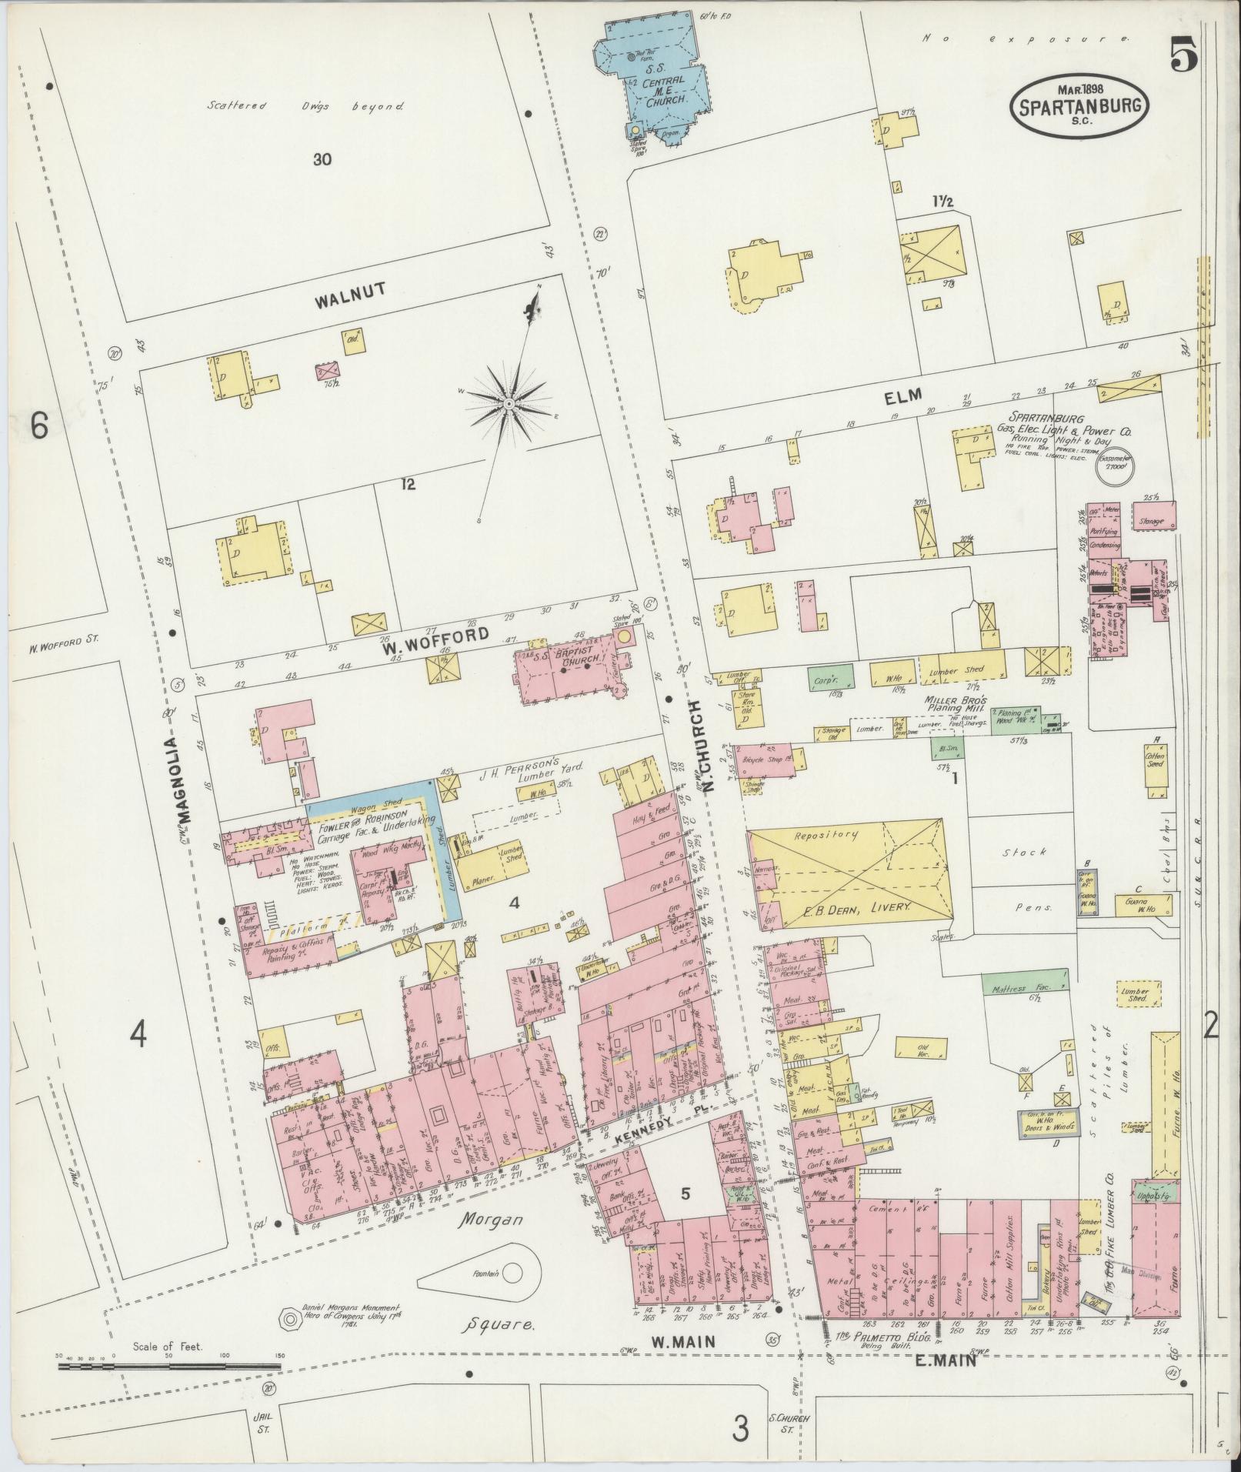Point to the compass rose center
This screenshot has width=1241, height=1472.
509,402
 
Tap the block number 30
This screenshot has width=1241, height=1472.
322,160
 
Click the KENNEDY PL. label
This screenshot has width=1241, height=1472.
659,1122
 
